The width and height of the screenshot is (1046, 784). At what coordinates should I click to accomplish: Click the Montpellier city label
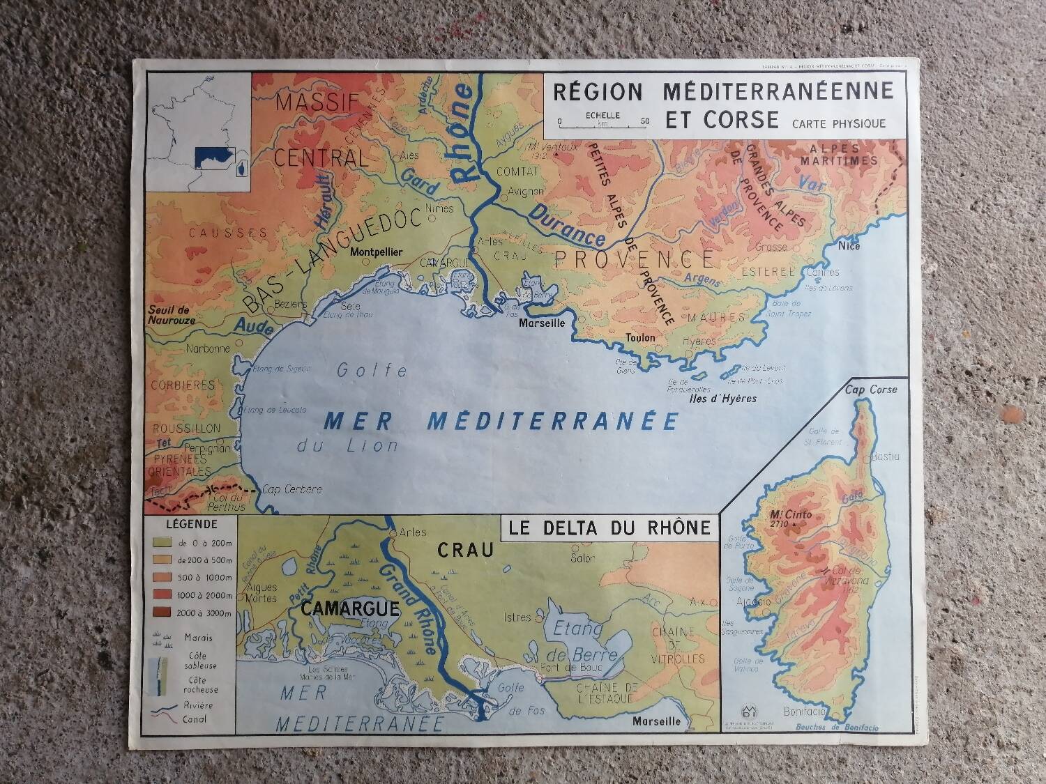point(377,253)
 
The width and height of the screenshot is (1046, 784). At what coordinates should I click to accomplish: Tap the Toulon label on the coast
point(640,338)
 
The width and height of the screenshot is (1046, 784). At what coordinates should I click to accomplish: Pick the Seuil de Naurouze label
point(172,315)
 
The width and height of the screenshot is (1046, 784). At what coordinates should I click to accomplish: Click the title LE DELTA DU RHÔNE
point(610,528)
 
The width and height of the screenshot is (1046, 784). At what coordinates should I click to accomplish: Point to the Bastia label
point(886,456)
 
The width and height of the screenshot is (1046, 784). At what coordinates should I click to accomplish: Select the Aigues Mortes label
point(261,593)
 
